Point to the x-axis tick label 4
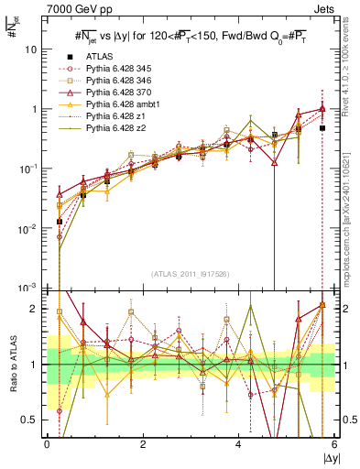pyautogui.click(x=238, y=445)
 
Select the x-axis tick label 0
pyautogui.click(x=47, y=445)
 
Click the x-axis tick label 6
pyautogui.click(x=334, y=445)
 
